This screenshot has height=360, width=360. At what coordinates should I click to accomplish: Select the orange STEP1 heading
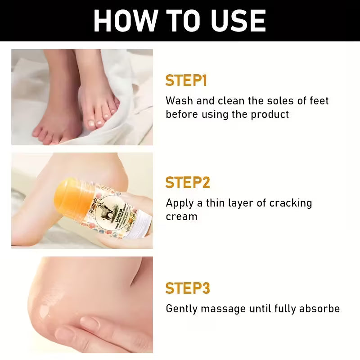tap(186, 81)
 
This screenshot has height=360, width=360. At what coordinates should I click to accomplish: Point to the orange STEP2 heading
tap(188, 183)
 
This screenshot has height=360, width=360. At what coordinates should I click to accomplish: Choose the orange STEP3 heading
tap(188, 288)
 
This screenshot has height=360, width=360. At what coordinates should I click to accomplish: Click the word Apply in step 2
tap(180, 203)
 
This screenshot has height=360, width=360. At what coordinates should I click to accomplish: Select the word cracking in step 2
tap(290, 203)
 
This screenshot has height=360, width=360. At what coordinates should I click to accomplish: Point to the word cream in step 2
tap(181, 216)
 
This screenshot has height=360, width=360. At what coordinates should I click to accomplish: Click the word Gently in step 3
tap(181, 309)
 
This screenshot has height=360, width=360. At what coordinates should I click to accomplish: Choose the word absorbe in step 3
tap(320, 309)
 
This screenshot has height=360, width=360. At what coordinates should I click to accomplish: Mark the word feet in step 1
tap(319, 100)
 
